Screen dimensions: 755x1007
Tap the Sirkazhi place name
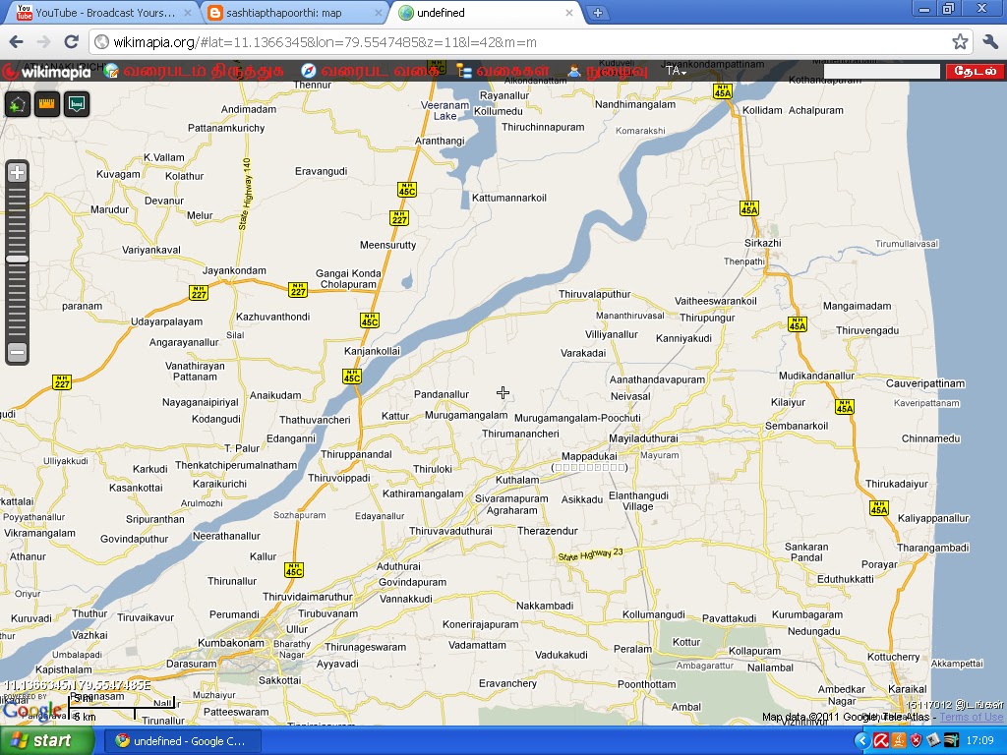[762, 243]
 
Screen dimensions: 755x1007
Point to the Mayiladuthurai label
[643, 438]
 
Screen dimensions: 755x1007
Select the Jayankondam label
[234, 270]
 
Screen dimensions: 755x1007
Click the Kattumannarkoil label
[508, 198]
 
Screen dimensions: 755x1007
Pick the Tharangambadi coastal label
[933, 548]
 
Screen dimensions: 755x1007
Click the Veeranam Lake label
[445, 110]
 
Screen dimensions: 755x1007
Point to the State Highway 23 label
[590, 555]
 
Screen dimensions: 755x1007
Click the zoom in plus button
[17, 173]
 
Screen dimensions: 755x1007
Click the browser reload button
[71, 42]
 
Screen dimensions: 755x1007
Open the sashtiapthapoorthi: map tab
[292, 13]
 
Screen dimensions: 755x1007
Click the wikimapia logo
[47, 71]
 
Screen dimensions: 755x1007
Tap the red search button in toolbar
[975, 71]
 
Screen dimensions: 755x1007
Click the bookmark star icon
[960, 42]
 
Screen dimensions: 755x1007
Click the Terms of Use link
[971, 718]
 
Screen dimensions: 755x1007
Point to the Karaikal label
[907, 688]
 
